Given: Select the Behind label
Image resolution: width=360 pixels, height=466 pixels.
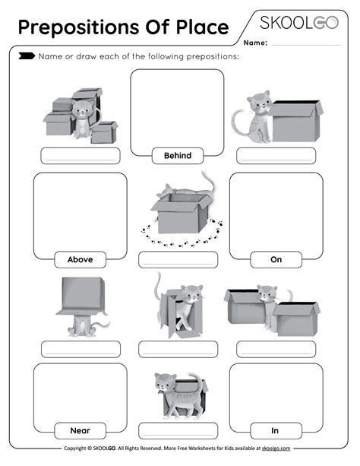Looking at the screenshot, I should [177, 156].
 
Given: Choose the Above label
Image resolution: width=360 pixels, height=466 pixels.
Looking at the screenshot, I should [80, 259].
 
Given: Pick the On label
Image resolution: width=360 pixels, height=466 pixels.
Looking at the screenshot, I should [276, 259].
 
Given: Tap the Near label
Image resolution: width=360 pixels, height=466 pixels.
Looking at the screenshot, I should [80, 430].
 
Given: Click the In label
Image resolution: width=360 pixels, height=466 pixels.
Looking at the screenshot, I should [275, 430].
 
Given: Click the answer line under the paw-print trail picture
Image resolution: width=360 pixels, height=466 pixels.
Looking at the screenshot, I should [178, 259].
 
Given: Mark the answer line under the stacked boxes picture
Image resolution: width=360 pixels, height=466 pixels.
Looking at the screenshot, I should [80, 156].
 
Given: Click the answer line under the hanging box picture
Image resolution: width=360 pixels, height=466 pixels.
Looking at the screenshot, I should [80, 350].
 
